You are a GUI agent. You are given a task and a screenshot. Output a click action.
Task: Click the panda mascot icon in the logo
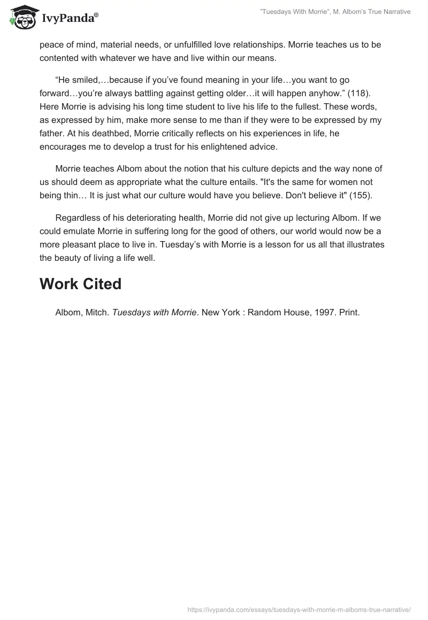(x=21, y=18)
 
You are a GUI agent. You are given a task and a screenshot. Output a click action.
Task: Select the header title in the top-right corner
(x=335, y=12)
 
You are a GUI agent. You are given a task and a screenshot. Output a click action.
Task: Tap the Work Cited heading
(x=81, y=284)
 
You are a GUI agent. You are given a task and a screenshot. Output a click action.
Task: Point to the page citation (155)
(x=356, y=195)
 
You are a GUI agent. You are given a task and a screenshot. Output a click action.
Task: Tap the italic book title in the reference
(x=154, y=313)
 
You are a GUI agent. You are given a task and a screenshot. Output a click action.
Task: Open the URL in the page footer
(x=299, y=609)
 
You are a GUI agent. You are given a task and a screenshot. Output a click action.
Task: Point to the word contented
(x=59, y=58)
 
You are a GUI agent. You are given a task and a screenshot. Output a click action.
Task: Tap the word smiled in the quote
(x=87, y=80)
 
